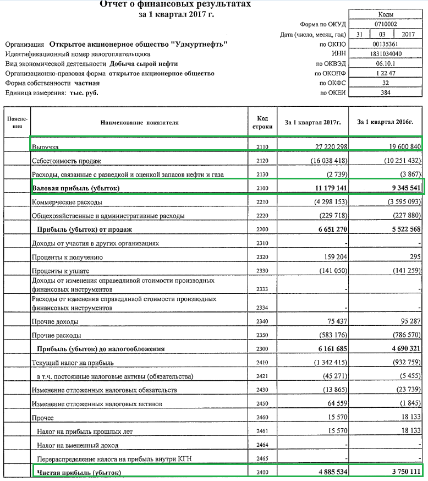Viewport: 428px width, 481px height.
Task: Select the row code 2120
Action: click(x=262, y=161)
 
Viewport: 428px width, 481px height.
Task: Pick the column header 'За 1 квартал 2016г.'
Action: click(x=385, y=122)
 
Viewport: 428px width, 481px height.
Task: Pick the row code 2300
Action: click(x=262, y=348)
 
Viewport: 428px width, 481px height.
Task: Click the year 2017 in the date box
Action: click(x=408, y=35)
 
